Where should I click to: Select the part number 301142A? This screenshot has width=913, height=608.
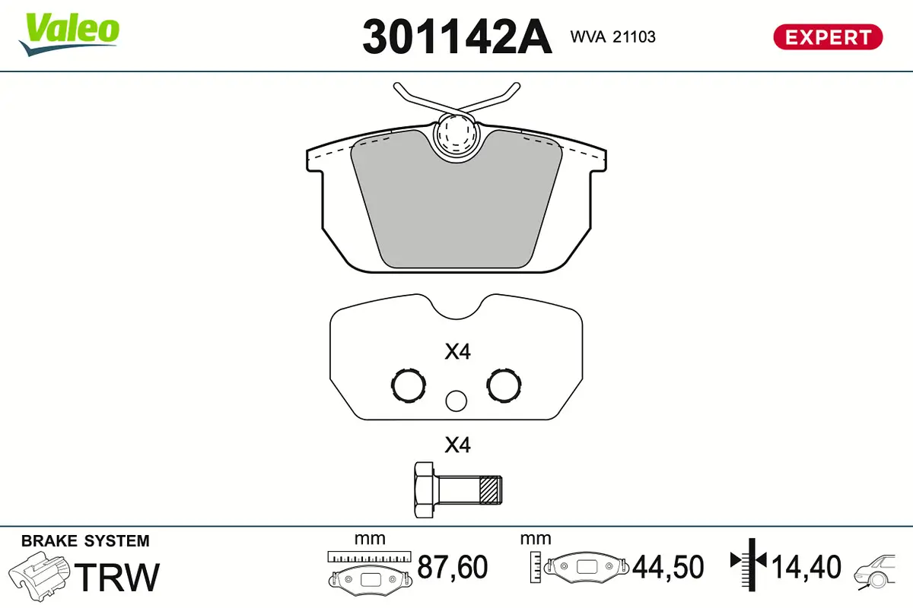point(456,36)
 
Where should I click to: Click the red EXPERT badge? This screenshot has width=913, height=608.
point(828,36)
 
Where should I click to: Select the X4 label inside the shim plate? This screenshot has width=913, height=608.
point(458,352)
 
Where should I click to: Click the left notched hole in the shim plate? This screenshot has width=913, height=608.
point(407,386)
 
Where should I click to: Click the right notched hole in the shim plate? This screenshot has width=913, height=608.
point(504,386)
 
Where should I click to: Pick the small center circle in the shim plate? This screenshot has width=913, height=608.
point(456,401)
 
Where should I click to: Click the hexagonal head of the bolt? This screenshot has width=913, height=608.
point(425,489)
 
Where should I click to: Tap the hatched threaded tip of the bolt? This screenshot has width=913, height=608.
point(492,489)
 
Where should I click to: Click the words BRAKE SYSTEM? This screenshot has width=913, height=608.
point(85,541)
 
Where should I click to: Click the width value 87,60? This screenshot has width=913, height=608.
point(452,567)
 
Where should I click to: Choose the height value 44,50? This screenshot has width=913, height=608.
point(669,567)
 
